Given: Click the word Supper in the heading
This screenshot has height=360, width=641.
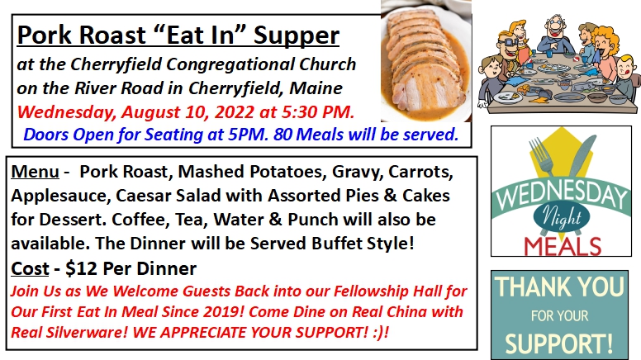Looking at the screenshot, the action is click(x=297, y=36).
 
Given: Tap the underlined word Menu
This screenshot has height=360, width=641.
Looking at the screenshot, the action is click(x=36, y=172).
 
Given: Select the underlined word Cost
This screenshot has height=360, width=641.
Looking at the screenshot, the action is click(x=30, y=268).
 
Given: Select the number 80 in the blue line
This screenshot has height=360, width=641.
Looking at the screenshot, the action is click(x=282, y=135).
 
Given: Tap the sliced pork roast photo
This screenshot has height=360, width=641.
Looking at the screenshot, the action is click(x=426, y=61).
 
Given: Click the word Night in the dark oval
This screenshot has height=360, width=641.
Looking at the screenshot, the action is click(x=561, y=217).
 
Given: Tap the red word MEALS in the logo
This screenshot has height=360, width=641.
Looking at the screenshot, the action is click(x=563, y=246).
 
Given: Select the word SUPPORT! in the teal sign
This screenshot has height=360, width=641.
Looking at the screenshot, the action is click(x=559, y=343).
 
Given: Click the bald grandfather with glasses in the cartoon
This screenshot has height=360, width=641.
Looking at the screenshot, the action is click(x=556, y=35).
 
